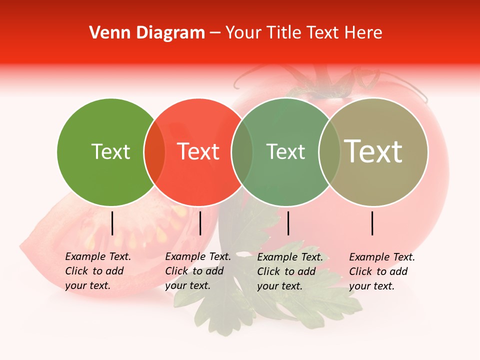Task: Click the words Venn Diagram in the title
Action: (x=147, y=33)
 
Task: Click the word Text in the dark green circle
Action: (x=110, y=151)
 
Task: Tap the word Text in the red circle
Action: (x=198, y=151)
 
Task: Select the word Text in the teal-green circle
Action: (x=285, y=151)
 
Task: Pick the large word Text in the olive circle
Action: (x=373, y=151)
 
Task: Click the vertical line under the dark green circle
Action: (x=112, y=223)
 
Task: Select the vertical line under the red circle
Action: (x=200, y=223)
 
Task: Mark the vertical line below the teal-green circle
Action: (x=288, y=223)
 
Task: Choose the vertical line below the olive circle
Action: (x=372, y=223)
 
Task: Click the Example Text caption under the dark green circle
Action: (x=98, y=271)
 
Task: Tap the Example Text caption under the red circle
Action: (x=198, y=271)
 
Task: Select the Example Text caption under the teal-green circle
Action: (x=290, y=271)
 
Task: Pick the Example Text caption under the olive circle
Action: (x=382, y=271)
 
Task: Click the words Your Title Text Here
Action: (x=303, y=33)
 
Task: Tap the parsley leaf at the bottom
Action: (x=280, y=300)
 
